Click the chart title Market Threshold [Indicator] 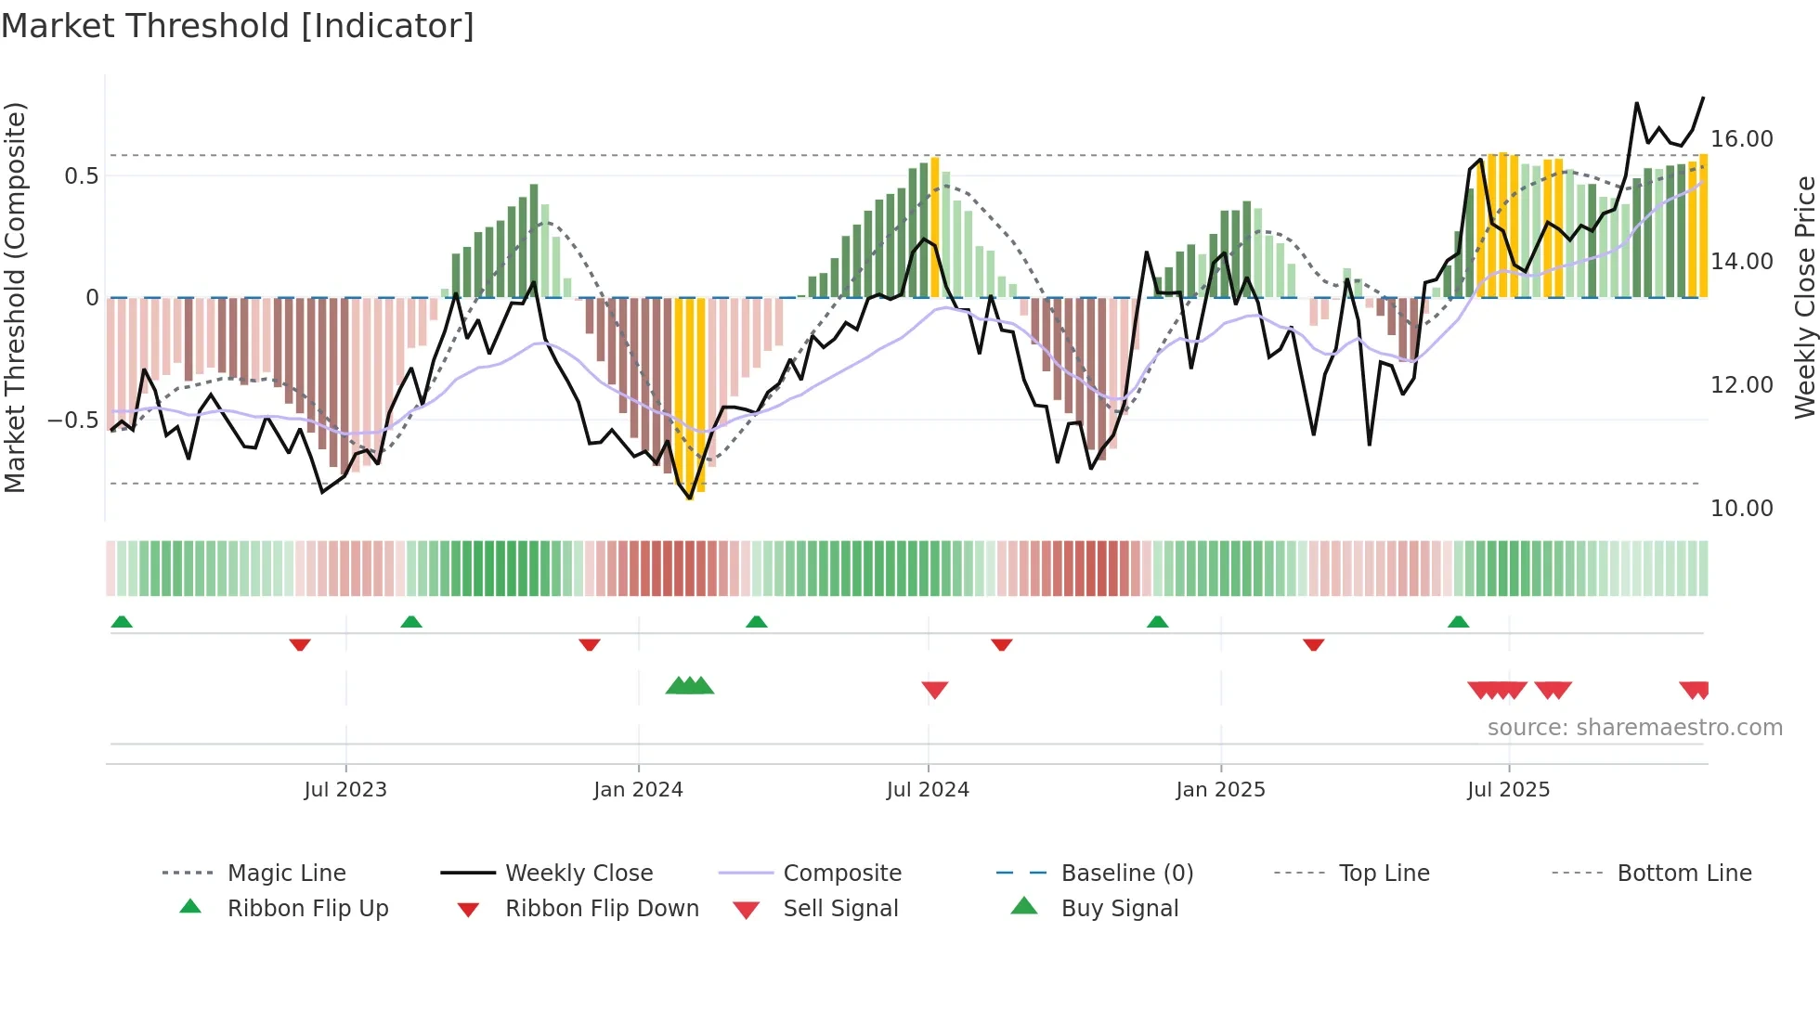point(238,26)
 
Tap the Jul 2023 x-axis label point(345,790)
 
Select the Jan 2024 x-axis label point(638,790)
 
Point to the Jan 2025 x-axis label point(1220,790)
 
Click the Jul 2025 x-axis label point(1508,790)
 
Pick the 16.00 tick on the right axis point(1741,139)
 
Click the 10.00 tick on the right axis point(1741,509)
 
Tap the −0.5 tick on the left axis point(72,421)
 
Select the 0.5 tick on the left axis point(81,176)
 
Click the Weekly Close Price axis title point(1804,297)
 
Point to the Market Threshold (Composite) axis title point(15,297)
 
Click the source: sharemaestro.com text point(1634,728)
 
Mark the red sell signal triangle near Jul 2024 point(934,690)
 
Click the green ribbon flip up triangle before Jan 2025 point(1157,622)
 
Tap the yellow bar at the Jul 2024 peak point(935,227)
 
